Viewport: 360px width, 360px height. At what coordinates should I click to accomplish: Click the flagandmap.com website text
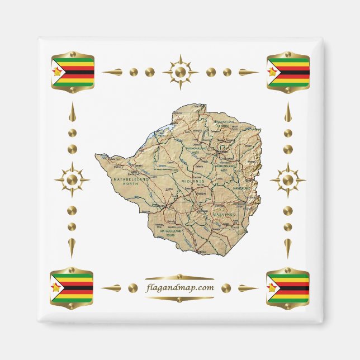click(x=179, y=288)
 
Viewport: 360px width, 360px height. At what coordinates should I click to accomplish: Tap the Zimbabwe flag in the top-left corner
click(x=73, y=72)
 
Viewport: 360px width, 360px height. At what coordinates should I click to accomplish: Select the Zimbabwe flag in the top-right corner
click(x=288, y=72)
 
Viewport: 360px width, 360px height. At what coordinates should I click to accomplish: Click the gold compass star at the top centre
click(x=180, y=72)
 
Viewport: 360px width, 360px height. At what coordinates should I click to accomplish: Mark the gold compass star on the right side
click(x=287, y=180)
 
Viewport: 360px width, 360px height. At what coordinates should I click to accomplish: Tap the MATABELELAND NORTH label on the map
click(x=132, y=181)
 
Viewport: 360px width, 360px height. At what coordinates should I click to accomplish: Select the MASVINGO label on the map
click(x=225, y=214)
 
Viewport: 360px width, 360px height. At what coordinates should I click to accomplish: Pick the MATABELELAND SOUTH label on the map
click(x=168, y=232)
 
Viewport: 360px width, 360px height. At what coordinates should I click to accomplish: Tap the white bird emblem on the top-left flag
click(x=57, y=72)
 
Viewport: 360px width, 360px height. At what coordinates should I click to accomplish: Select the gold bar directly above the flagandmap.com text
click(x=179, y=277)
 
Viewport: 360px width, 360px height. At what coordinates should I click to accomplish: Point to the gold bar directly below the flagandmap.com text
click(x=179, y=299)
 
